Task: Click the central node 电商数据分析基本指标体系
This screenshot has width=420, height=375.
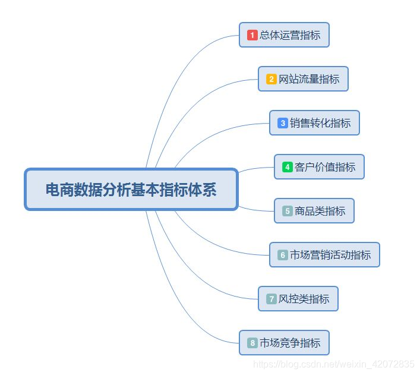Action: (x=131, y=190)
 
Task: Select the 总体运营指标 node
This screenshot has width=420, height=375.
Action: (x=284, y=35)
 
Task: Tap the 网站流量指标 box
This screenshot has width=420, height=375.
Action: (x=303, y=79)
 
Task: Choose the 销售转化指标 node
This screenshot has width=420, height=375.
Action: (x=314, y=123)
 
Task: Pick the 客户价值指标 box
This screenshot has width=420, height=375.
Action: (x=319, y=167)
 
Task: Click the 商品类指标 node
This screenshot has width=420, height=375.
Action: (x=314, y=211)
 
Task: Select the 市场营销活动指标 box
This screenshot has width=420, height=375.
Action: (x=324, y=255)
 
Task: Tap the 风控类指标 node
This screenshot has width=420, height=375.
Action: (x=298, y=299)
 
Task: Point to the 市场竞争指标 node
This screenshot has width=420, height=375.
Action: (x=284, y=343)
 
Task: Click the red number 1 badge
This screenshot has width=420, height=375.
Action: (x=252, y=36)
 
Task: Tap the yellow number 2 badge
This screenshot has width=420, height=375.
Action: (x=271, y=79)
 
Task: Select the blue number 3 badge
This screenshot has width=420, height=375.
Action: (x=283, y=123)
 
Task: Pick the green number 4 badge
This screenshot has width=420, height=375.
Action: (x=288, y=167)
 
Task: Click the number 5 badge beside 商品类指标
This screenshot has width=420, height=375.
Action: (x=288, y=211)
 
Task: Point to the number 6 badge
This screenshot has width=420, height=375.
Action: (x=283, y=255)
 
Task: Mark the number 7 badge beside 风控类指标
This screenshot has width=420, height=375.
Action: (x=271, y=299)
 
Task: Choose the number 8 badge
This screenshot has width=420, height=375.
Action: (x=252, y=343)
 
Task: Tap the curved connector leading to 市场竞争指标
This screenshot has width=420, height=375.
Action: (x=178, y=309)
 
